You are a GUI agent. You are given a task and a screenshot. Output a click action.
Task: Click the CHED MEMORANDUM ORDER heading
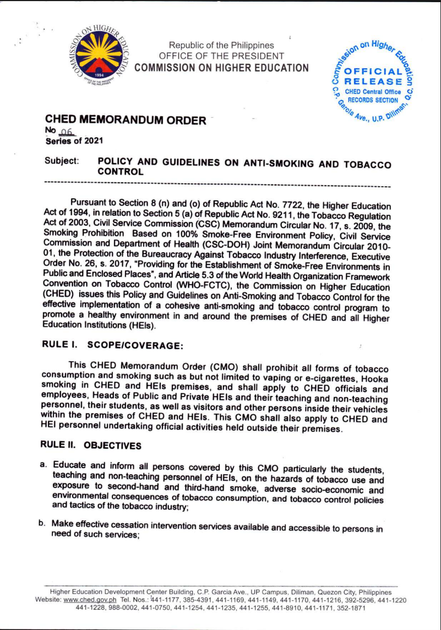point(126,120)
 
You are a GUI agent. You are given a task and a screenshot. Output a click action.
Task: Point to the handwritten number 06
point(67,131)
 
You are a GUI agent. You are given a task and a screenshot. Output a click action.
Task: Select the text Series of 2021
point(70,140)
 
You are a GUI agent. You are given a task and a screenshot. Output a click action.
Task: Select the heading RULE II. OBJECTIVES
point(91,444)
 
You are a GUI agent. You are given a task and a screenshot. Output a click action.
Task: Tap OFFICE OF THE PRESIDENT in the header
point(221,56)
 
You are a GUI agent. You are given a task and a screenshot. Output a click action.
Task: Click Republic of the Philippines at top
point(221,45)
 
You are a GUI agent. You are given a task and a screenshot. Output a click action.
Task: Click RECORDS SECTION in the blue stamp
point(372,100)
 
